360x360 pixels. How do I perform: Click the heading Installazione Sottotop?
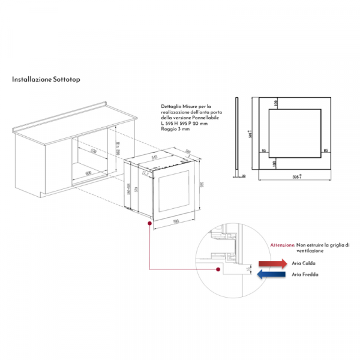coord(46,79)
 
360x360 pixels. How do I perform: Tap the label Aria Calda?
coord(304,263)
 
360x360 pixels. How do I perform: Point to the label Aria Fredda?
coord(305,275)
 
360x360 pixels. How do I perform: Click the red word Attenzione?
coord(282,245)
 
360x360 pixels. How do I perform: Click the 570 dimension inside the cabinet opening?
coord(93,151)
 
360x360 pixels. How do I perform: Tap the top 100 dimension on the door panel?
coord(277,104)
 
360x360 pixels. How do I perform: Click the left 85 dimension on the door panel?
coord(264,151)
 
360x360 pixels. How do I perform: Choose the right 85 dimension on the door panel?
coord(326,151)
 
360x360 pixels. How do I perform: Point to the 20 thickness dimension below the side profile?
coord(244,176)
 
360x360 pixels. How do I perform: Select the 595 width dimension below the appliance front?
coord(176,221)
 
